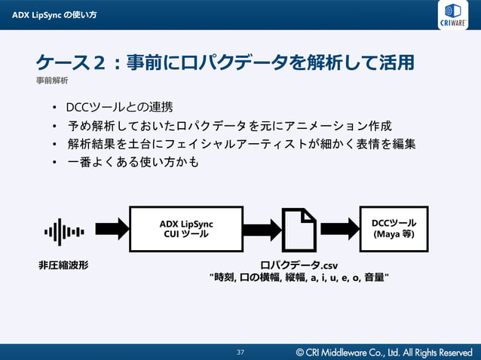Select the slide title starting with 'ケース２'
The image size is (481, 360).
point(225,62)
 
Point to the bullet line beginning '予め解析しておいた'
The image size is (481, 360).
point(230,125)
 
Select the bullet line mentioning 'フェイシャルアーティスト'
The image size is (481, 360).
point(241,143)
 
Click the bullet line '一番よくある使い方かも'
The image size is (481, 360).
point(133,161)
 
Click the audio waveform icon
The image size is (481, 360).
point(64,231)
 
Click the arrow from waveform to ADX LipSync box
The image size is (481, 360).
point(112,228)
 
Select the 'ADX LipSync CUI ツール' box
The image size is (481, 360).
point(186,229)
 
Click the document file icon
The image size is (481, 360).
point(299,230)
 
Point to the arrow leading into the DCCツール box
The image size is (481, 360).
point(339,228)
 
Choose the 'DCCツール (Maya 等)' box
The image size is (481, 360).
point(394,228)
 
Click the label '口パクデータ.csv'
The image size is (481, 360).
point(299,265)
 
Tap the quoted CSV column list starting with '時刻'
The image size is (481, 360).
point(299,278)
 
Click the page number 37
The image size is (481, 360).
point(240,352)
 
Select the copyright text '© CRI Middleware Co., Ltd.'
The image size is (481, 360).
point(384,352)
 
